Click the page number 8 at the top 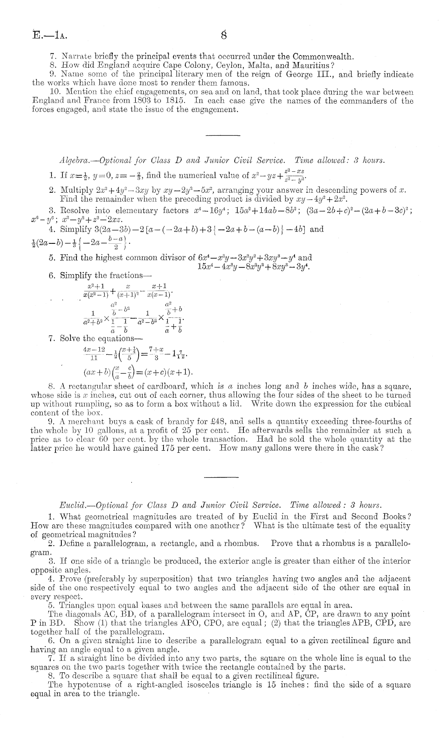point(224,35)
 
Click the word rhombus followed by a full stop point(246,543)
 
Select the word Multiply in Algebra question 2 point(74,190)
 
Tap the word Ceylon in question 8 point(235,65)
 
